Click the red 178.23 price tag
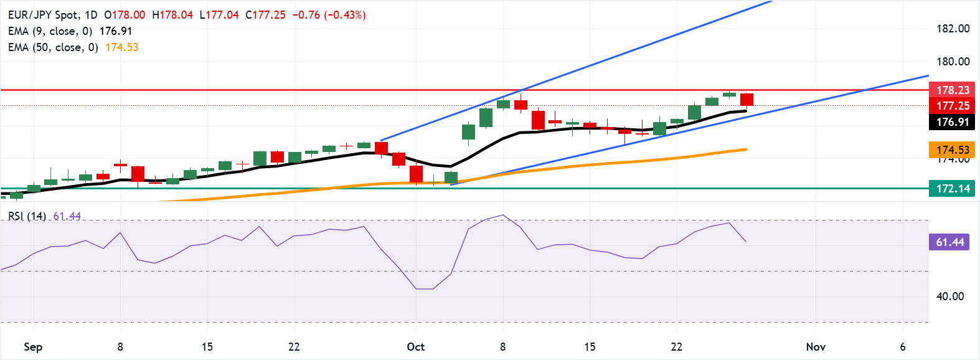click(x=952, y=90)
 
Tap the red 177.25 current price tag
click(x=952, y=106)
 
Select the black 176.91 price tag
click(x=952, y=122)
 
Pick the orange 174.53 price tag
click(x=952, y=150)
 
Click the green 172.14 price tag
click(x=952, y=189)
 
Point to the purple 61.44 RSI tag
click(x=949, y=242)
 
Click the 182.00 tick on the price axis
click(x=953, y=29)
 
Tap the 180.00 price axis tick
click(x=953, y=62)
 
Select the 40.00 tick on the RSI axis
click(x=949, y=296)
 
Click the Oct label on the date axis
click(x=415, y=347)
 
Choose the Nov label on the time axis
click(x=816, y=347)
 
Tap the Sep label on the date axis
click(x=33, y=347)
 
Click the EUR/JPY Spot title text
click(x=43, y=15)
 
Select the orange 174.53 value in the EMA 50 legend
click(x=121, y=47)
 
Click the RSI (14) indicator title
click(x=27, y=216)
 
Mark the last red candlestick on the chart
click(x=747, y=100)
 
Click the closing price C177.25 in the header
click(x=265, y=15)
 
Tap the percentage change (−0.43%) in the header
click(x=344, y=15)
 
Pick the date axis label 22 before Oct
click(x=294, y=347)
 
